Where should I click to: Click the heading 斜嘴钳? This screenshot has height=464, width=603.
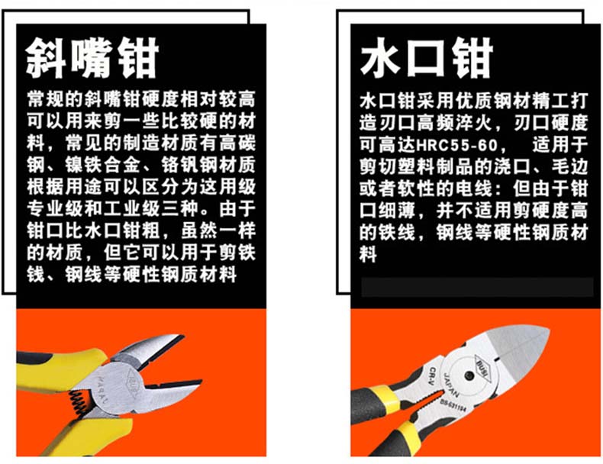92,58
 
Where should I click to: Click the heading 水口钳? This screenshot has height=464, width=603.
427,58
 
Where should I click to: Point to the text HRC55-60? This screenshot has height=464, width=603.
457,145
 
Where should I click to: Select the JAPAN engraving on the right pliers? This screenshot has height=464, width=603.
451,385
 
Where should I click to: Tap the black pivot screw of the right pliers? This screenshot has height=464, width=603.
469,375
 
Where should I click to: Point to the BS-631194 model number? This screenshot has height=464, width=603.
453,406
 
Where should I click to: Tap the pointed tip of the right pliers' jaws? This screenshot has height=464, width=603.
549,330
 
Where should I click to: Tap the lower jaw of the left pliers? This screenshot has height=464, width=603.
169,394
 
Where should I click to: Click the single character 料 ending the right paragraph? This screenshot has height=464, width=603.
368,254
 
